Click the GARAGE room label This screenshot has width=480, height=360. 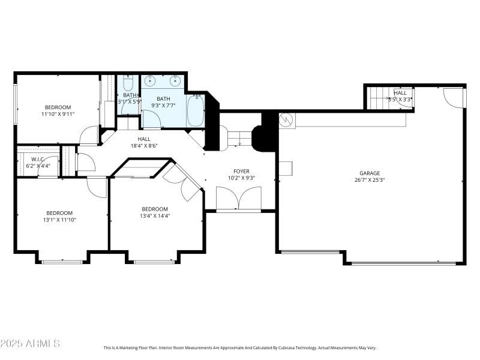pos(370,173)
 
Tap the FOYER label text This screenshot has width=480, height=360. pos(241,171)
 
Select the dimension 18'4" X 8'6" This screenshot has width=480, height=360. pos(144,145)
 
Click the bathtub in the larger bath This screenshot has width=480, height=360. pos(196,110)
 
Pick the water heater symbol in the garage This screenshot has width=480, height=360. pos(287,119)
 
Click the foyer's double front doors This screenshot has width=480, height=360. pos(239,198)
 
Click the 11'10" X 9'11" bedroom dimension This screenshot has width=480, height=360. pos(58,114)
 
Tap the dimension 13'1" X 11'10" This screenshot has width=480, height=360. pos(59,220)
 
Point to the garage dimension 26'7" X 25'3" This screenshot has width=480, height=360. pos(370,179)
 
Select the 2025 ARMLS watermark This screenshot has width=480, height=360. pos(30,344)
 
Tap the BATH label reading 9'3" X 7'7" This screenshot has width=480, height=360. pos(163,99)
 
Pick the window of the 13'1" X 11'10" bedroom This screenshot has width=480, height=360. pos(62,262)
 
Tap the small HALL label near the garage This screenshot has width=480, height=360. pos(400,93)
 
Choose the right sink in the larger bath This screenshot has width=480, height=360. pos(176,80)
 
